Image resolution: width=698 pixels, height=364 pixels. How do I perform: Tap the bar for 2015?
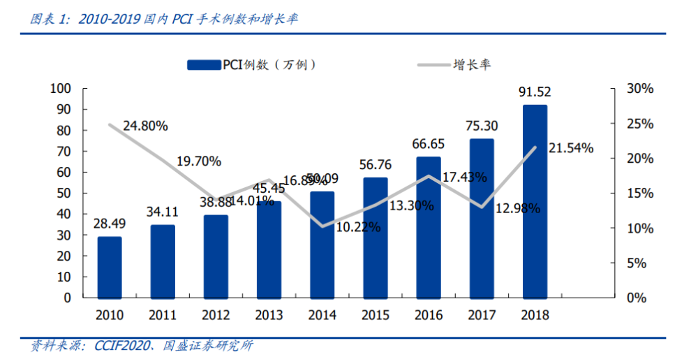pos(375,238)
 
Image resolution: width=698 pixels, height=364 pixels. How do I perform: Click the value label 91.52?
pos(535,92)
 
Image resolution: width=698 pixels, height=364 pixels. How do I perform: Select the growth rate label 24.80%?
pos(145,126)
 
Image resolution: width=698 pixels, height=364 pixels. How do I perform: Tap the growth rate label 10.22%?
pos(357,227)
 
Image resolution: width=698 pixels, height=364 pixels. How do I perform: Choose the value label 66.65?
pos(429,143)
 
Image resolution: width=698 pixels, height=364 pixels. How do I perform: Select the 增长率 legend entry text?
pos(472,65)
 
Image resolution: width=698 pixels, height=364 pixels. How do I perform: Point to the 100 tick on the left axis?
pos(61,89)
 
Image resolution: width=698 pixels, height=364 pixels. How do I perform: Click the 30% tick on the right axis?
pos(640,89)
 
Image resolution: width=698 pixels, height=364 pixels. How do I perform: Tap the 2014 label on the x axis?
pos(322,315)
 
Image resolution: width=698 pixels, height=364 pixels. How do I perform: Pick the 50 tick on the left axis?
pos(64,193)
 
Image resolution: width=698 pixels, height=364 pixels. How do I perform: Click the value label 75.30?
pos(482,125)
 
